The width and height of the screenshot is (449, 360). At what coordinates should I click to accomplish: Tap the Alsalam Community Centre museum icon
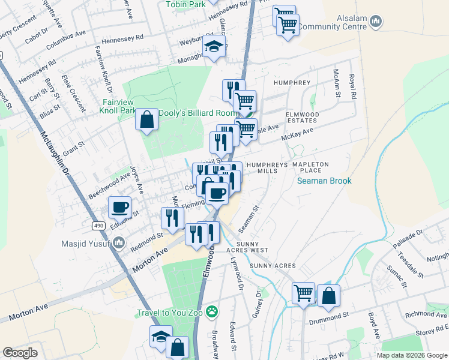pos(376,22)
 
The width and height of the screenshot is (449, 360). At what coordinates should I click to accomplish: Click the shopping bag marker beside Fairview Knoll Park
pos(147,120)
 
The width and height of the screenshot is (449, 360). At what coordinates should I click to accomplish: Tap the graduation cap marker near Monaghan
pos(213,46)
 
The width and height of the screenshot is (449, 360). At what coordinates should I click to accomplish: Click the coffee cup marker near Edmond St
pos(120,207)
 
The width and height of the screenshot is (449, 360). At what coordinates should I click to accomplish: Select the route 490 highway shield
pos(98,225)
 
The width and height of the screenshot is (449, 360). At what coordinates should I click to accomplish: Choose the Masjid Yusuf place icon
pos(119,242)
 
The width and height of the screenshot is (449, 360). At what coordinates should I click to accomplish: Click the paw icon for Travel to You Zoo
pos(211,311)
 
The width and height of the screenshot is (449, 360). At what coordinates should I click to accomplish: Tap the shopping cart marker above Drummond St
pos(304,293)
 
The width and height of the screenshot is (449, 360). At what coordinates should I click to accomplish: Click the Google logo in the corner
pos(20,353)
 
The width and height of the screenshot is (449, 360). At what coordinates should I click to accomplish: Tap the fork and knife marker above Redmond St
pos(173,218)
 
